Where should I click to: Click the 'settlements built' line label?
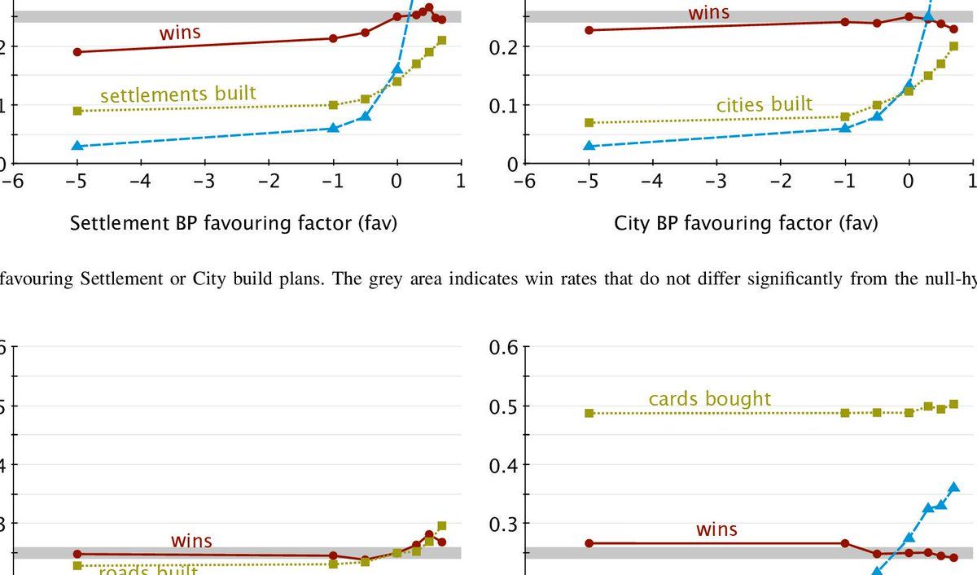(x=177, y=94)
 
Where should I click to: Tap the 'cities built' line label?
(x=764, y=104)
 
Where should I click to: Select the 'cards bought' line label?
(x=709, y=399)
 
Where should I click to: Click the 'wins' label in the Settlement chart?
(x=180, y=33)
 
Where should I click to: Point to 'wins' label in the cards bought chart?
(x=716, y=529)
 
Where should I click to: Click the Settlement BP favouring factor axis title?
(x=234, y=222)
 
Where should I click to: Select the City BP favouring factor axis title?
(x=746, y=222)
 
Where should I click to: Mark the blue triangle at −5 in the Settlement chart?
(x=77, y=146)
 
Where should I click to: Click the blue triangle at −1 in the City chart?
(x=845, y=128)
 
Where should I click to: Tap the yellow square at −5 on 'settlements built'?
(x=77, y=111)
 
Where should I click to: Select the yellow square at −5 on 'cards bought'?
(x=589, y=413)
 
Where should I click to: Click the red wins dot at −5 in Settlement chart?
(x=77, y=52)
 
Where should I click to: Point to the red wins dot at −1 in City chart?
(x=845, y=22)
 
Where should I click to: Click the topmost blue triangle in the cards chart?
(x=954, y=487)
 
